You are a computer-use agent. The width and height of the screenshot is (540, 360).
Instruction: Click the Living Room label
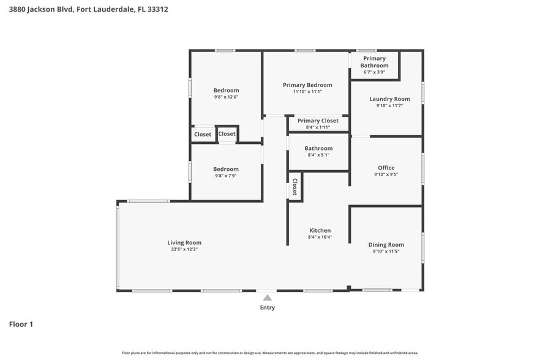click(184, 242)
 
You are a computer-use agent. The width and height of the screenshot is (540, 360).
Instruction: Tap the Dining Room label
click(386, 244)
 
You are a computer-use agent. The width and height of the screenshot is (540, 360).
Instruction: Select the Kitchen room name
click(320, 230)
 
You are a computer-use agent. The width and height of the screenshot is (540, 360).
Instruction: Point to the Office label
click(386, 167)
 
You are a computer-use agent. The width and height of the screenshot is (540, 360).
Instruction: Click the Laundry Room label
click(389, 99)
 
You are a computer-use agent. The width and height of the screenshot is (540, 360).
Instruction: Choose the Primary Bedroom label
click(307, 84)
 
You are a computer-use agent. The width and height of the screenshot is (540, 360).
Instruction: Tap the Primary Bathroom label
click(374, 62)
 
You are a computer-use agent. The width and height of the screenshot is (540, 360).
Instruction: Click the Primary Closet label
click(318, 121)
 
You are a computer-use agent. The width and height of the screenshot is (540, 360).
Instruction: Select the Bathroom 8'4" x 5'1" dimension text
click(318, 156)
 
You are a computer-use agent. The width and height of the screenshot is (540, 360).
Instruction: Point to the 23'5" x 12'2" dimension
click(184, 250)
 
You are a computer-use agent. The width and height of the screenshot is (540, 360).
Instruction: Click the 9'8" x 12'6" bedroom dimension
click(226, 97)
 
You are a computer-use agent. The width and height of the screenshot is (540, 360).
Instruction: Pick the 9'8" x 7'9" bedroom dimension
click(226, 176)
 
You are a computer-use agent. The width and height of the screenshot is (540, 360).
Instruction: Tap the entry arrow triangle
click(267, 298)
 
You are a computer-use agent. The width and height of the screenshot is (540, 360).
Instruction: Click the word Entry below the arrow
click(267, 307)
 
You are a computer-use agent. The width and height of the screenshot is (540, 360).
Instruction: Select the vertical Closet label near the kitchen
click(294, 186)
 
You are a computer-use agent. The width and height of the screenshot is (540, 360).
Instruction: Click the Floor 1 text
click(21, 324)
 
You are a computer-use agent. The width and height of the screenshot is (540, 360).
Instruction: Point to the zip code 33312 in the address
click(157, 9)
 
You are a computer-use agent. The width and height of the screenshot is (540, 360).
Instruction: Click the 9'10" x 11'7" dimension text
click(389, 106)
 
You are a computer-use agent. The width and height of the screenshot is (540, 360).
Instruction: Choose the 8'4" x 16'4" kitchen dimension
click(320, 238)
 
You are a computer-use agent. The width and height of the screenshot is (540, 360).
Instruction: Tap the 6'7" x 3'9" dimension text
click(374, 72)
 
